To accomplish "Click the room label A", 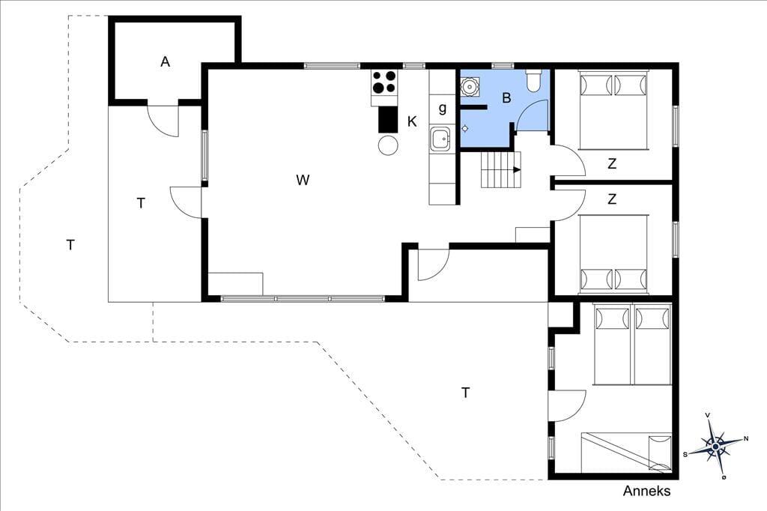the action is [x=166, y=62].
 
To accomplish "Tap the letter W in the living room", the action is [x=303, y=180].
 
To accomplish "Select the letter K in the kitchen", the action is [x=413, y=121].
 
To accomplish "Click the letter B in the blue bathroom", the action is [x=506, y=98].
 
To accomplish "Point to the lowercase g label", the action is [x=442, y=108].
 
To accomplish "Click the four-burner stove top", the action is [x=384, y=82].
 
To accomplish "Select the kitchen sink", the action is [x=440, y=139].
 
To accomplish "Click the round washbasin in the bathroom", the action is [x=470, y=87].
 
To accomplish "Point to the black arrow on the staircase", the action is [x=516, y=170].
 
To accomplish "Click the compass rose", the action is [x=715, y=447].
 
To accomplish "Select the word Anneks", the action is [x=646, y=491].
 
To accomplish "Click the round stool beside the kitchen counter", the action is [x=389, y=145].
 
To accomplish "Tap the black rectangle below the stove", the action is [x=388, y=119].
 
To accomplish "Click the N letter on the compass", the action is [x=745, y=438].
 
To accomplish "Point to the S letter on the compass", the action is [x=685, y=454].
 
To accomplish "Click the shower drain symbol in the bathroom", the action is [x=465, y=129].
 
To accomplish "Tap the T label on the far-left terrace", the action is [x=70, y=245].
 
